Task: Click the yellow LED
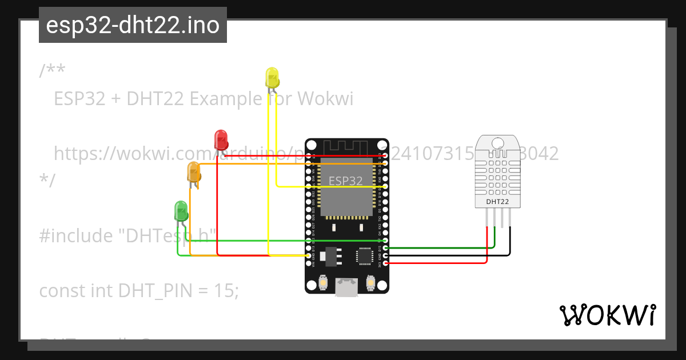pos(272,77)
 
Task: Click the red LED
pos(221,139)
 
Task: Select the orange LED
pos(194,171)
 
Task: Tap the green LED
pos(181,210)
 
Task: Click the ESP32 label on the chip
pos(345,181)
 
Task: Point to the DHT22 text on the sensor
pos(498,202)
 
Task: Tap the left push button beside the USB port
pos(323,283)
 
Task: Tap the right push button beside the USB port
pos(370,283)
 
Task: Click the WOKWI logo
pos(607,315)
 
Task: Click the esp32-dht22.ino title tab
pos(133,25)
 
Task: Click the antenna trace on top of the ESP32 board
pos(346,147)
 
